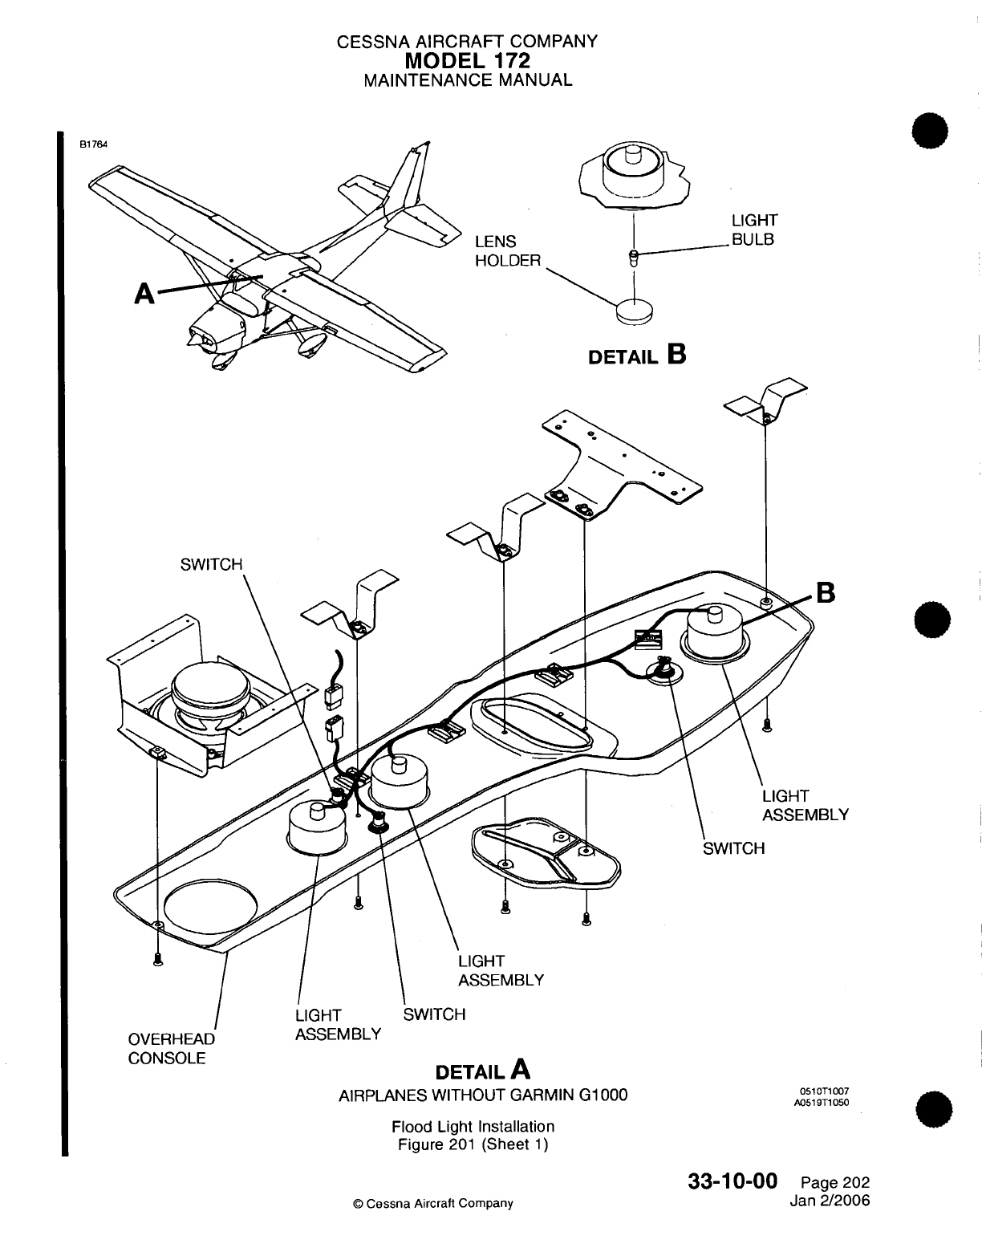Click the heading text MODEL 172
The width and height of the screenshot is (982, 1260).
click(469, 60)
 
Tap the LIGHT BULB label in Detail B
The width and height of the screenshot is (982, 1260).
click(753, 230)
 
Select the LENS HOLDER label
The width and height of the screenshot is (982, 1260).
click(508, 251)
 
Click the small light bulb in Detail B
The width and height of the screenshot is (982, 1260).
click(634, 258)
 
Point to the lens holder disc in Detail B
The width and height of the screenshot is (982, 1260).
click(635, 310)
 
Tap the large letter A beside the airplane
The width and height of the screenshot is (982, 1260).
click(144, 294)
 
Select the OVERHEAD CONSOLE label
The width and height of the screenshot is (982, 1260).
click(171, 1048)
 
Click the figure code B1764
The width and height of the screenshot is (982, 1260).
click(92, 144)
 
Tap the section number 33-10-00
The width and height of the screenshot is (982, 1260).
click(732, 1182)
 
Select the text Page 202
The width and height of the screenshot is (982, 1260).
click(834, 1183)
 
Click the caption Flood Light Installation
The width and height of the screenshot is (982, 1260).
click(473, 1126)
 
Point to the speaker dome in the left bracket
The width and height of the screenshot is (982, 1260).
click(211, 689)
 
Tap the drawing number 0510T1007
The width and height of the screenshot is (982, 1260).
click(824, 1091)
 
